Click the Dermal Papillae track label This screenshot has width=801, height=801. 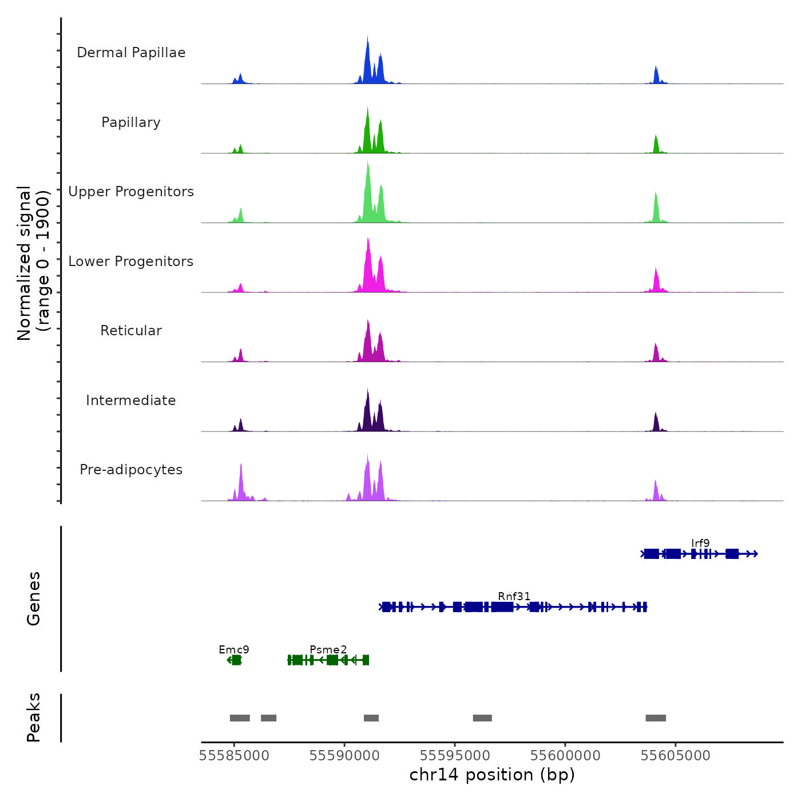131,53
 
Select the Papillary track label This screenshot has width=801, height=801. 131,122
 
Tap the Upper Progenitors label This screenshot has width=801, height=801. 131,192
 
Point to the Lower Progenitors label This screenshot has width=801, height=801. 131,261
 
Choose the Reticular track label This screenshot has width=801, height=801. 131,331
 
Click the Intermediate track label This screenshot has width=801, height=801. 131,400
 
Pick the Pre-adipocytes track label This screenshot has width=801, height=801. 131,470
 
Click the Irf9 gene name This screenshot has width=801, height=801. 700,543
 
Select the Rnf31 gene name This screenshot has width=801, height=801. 514,596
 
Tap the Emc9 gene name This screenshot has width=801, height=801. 234,649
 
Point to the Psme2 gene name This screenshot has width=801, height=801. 328,649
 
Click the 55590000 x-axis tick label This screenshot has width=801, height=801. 344,755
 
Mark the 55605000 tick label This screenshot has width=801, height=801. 675,755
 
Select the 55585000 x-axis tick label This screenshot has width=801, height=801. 234,755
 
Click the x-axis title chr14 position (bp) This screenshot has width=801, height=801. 492,775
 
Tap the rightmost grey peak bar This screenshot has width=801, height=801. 656,718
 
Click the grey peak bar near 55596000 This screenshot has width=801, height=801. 482,718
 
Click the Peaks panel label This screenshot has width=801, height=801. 34,717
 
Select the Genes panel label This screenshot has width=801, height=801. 34,598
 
